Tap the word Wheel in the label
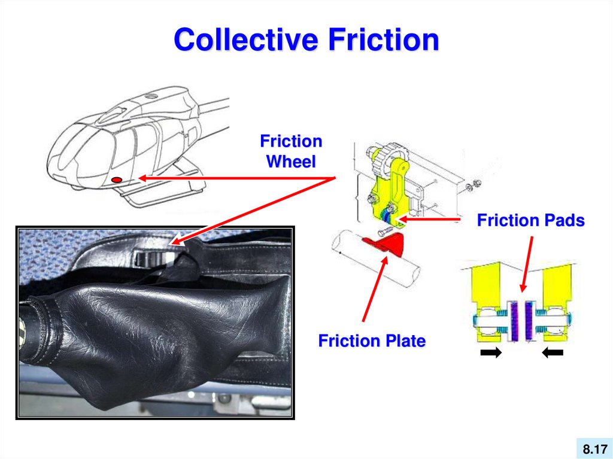tap(291, 162)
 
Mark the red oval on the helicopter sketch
tap(117, 180)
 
